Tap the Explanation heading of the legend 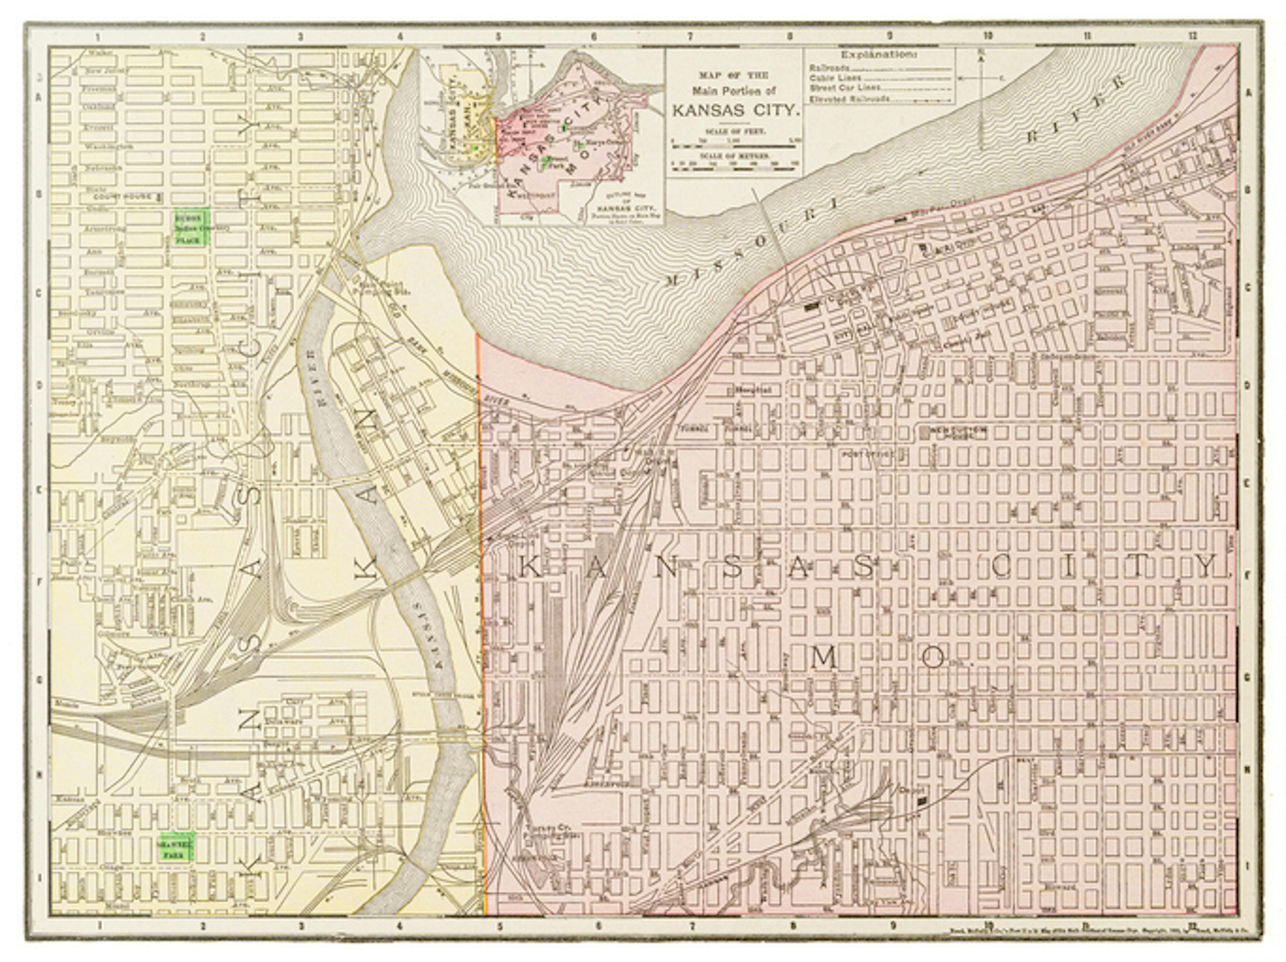878,55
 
